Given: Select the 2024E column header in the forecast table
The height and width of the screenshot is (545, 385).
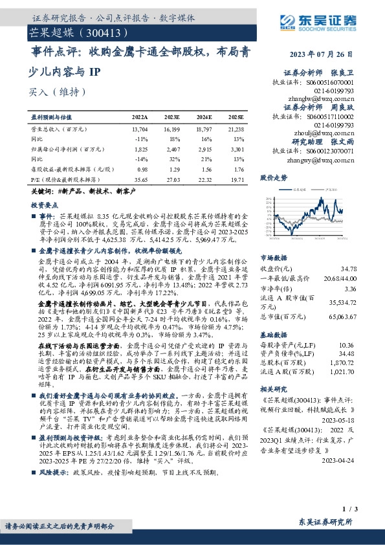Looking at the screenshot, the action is [x=203, y=118].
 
